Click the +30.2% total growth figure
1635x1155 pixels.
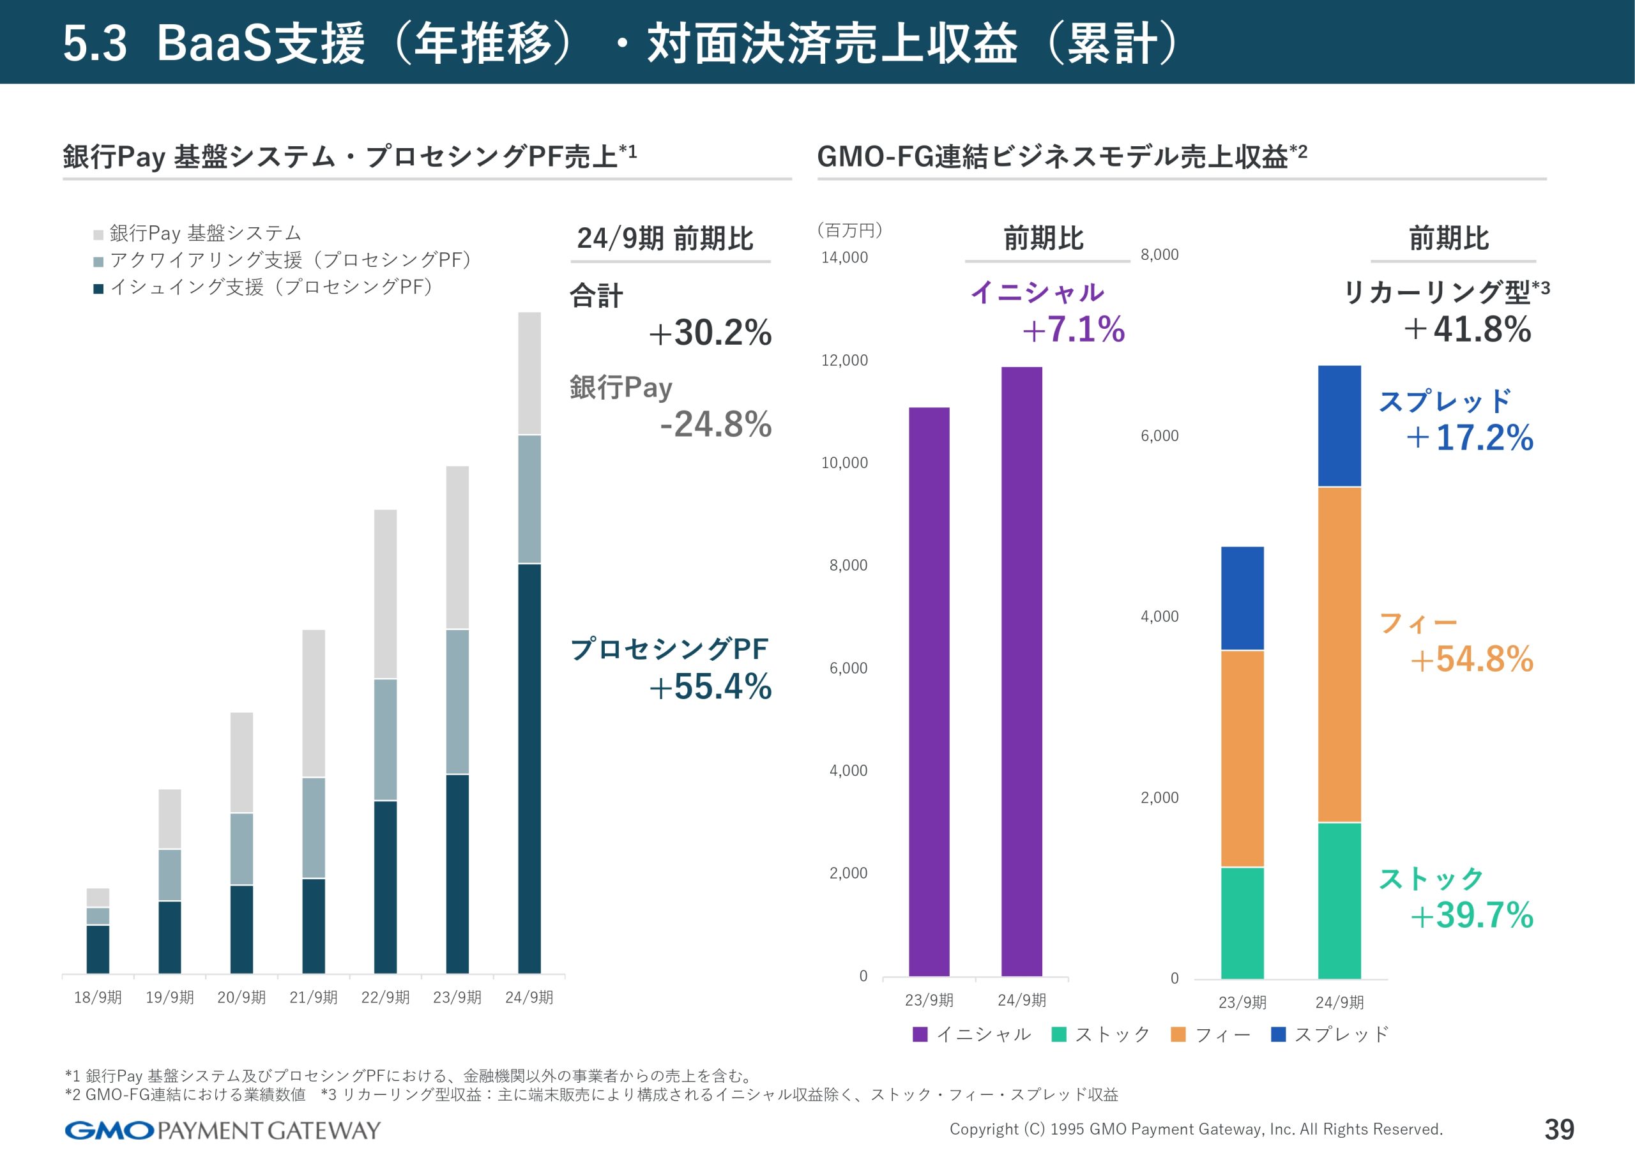tap(710, 333)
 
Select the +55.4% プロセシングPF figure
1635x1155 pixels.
tap(710, 686)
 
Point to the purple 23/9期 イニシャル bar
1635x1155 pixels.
tap(929, 691)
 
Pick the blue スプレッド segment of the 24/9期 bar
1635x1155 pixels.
tap(1339, 426)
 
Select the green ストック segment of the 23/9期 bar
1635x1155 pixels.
tap(1242, 923)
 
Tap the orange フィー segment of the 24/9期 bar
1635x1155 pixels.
tap(1339, 654)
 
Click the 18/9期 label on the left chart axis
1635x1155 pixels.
tap(98, 997)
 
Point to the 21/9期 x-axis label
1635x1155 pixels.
tap(314, 997)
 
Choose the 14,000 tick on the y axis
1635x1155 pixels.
tap(844, 258)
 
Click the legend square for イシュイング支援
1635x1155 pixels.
tap(99, 289)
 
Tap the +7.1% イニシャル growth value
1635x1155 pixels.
tap(1073, 329)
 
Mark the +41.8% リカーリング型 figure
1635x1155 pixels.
tap(1468, 329)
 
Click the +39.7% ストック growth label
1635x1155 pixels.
tap(1471, 915)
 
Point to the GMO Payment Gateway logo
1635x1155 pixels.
tap(222, 1130)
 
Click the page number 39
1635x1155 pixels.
tap(1559, 1129)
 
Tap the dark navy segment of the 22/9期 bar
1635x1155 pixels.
tap(385, 887)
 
